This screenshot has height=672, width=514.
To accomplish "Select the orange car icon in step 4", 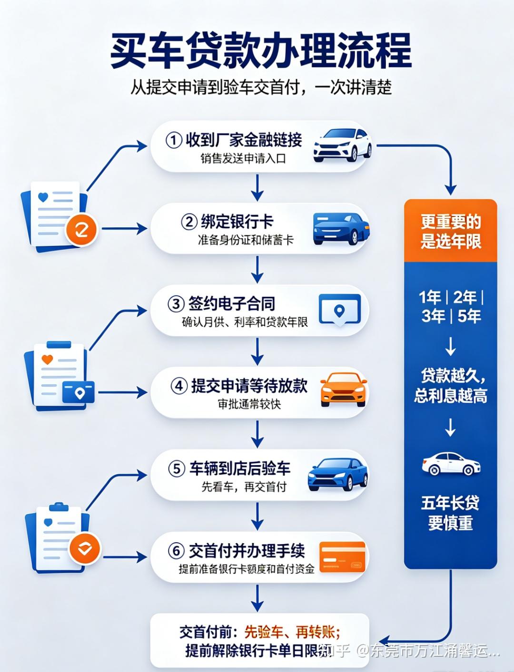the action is (344, 390).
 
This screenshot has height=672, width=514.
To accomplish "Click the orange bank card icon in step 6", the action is (342, 557).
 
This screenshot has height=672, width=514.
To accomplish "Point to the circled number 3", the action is (176, 304).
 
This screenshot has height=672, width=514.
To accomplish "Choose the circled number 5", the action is (177, 469).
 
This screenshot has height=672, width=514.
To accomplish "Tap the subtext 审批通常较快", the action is (249, 404).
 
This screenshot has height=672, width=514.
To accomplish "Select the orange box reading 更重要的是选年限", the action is (450, 231).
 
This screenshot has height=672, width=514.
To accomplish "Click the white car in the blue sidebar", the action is (451, 464).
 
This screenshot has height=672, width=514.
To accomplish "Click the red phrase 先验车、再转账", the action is (292, 631).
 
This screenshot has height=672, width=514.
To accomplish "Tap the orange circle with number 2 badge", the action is (81, 230).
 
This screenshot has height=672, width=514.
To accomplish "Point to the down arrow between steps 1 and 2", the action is (257, 188).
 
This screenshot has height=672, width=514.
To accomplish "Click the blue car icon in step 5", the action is (338, 474).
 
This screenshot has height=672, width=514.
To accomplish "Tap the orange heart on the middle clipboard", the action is (47, 359).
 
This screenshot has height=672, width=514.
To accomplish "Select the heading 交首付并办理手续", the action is (247, 551).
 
